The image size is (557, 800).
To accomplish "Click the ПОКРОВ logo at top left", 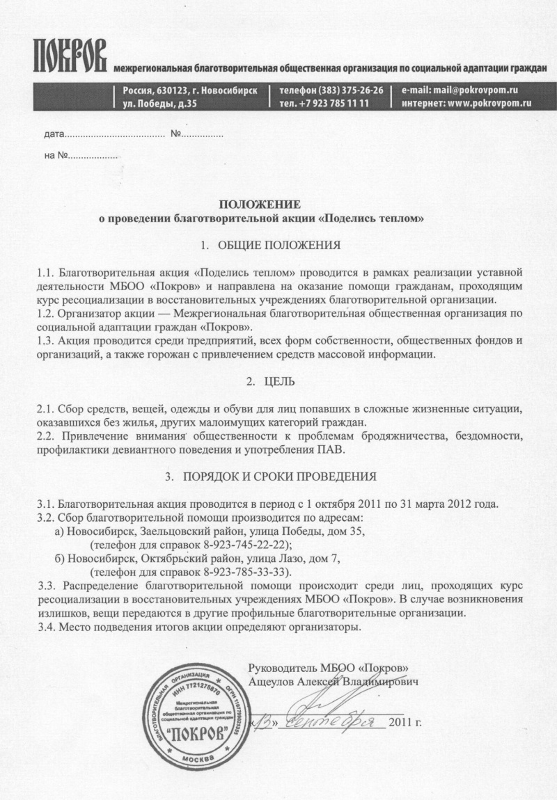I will [69, 55].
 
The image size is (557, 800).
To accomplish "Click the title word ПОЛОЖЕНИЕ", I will [260, 205].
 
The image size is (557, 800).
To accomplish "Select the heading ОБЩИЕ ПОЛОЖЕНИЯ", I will [279, 246].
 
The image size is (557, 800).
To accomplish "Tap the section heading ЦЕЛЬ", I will [279, 382].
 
